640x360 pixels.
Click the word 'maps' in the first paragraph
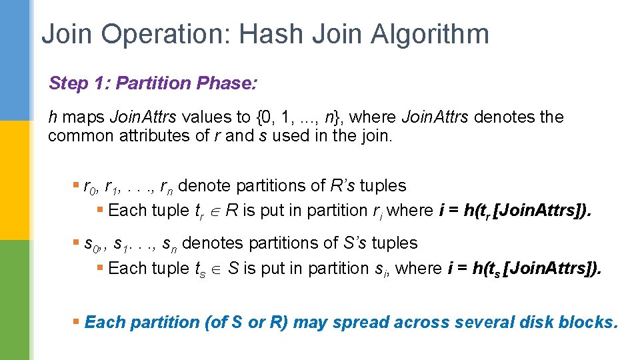84,117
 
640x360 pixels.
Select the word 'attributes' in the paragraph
164,137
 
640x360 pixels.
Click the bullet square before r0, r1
76,186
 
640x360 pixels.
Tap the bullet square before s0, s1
76,243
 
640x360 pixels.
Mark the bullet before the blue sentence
76,323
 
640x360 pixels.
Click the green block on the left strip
15,300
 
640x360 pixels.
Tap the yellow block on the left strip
15,180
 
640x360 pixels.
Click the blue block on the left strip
15,60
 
